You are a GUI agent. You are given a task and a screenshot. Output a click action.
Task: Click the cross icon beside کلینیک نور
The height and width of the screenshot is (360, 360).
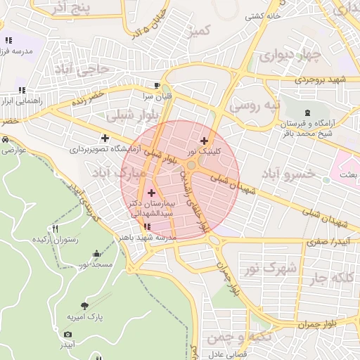(204, 141)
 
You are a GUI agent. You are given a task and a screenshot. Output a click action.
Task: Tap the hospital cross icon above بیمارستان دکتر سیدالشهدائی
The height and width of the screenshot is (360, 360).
(152, 192)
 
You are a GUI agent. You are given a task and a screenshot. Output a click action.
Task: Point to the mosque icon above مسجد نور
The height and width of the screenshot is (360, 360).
(96, 254)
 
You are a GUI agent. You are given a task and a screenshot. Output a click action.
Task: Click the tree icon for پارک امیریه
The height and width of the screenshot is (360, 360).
(85, 306)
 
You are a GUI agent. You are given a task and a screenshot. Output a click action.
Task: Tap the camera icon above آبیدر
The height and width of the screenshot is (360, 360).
(67, 335)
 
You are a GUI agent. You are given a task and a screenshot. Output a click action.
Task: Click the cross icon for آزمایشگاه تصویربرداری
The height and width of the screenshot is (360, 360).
(105, 139)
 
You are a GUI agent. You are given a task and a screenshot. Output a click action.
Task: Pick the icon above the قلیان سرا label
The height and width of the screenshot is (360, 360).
(167, 86)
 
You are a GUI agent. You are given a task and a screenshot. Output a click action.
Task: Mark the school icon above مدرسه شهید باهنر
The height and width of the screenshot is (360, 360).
(147, 226)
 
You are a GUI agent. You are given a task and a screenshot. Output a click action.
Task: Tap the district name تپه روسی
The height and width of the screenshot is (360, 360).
(256, 106)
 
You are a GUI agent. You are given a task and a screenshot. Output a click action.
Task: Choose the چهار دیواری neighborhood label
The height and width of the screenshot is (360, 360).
(288, 54)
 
